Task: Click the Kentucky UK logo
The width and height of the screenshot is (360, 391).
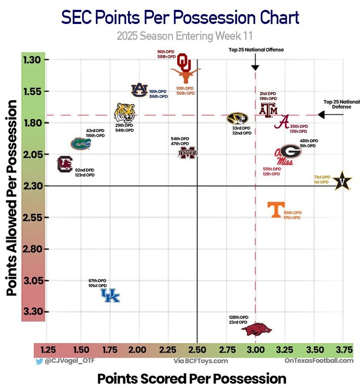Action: click(110, 296)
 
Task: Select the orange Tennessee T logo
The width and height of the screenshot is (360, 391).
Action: click(275, 210)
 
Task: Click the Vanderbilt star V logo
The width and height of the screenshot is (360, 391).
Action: click(342, 181)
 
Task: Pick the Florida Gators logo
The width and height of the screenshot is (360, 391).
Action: click(81, 143)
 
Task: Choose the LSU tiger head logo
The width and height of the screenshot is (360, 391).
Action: click(125, 112)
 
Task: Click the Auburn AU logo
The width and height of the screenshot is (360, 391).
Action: click(139, 90)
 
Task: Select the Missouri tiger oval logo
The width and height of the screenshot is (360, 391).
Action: click(238, 118)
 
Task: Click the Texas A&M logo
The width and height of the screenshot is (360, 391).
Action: click(269, 109)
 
